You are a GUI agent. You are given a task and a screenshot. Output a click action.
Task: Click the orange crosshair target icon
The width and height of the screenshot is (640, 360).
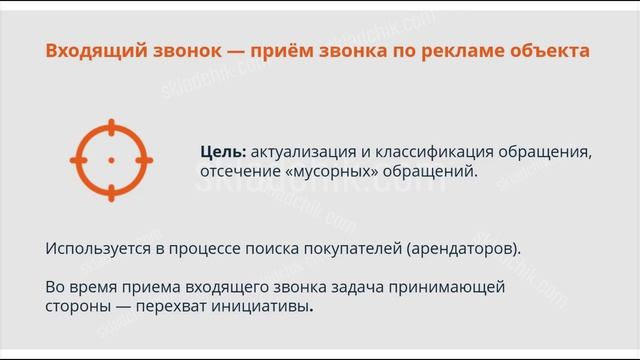point(111,159)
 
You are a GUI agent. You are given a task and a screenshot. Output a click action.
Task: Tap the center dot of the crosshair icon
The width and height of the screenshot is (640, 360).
point(111,159)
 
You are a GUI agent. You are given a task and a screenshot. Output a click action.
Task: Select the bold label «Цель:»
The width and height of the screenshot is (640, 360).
point(222,151)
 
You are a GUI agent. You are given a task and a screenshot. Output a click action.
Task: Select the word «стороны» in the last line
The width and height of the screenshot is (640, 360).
point(78,307)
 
